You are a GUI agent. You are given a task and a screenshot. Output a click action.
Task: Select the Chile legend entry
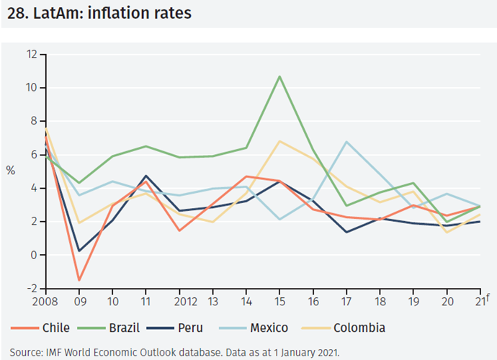coord(55,328)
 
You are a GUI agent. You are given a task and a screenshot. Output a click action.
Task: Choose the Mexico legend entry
coord(268,328)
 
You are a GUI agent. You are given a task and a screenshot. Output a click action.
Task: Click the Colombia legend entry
coord(359,328)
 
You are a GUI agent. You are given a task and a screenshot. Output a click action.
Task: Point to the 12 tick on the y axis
coord(32,54)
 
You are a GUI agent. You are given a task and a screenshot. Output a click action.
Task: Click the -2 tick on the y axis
coord(32,289)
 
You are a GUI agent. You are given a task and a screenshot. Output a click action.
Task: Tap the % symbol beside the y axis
coord(10,171)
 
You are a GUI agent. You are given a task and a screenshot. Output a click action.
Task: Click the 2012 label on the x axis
coord(179,300)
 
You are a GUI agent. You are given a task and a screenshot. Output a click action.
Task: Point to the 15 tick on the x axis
coord(279,300)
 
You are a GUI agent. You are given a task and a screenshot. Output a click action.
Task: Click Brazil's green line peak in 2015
coord(279,76)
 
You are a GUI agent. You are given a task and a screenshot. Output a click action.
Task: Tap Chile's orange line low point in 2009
coord(79,280)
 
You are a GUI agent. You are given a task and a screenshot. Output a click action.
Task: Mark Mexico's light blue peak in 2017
coord(347,142)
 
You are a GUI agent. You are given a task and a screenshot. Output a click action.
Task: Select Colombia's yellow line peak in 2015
coord(279,141)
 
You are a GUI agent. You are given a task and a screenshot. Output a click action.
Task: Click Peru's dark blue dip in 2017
coord(347,232)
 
